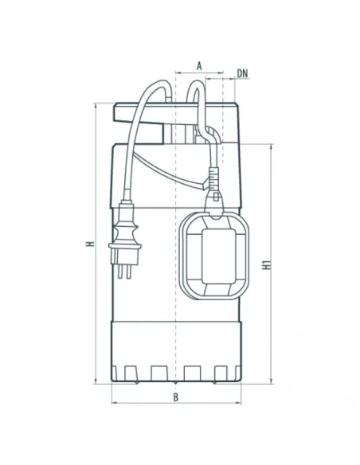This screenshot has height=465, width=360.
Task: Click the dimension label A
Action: [x=199, y=66]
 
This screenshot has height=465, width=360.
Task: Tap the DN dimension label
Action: [x=242, y=73]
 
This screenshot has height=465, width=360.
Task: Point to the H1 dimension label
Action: [x=267, y=264]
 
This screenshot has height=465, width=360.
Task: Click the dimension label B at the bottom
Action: [x=176, y=397]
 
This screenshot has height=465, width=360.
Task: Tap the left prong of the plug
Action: [x=119, y=272]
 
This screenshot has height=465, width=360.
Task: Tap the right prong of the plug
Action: [x=128, y=272]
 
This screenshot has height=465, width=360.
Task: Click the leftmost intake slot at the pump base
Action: [x=131, y=373]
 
